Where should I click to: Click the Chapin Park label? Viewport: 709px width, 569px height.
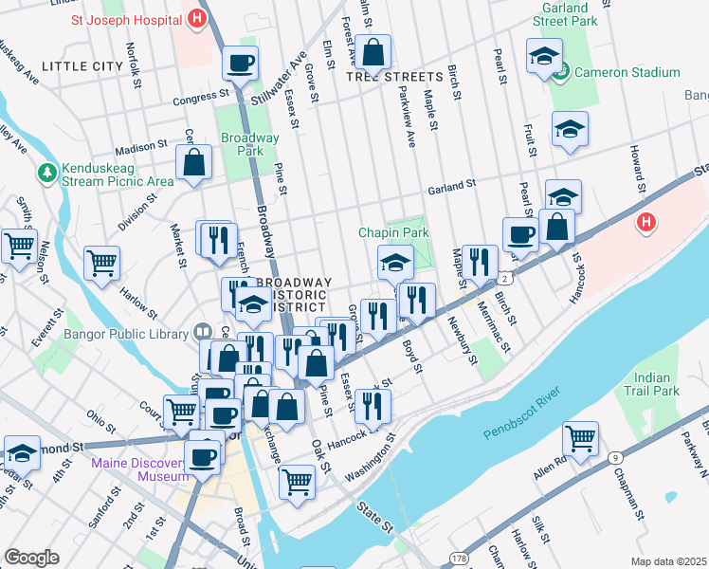393,232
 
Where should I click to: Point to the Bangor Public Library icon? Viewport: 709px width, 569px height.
202,332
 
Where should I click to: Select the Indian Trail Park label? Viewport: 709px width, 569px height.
658,384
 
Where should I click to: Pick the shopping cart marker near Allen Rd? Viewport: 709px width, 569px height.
580,439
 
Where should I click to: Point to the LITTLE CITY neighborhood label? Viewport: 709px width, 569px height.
82,66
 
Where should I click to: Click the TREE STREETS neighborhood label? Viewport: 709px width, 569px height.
394,76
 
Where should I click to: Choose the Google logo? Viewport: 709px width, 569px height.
31,558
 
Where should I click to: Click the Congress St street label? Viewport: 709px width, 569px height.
201,96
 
